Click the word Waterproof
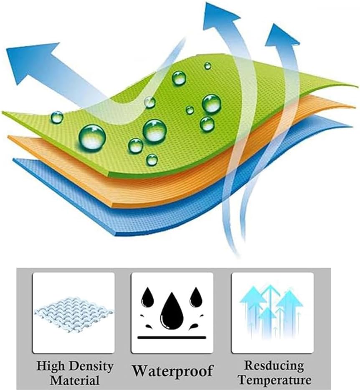tap(172, 370)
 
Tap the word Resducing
tap(274, 365)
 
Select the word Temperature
tap(275, 380)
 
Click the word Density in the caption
tap(91, 367)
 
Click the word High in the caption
tap(51, 367)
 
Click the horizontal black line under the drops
tap(172, 337)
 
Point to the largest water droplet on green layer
tap(92, 137)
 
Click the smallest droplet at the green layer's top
tap(208, 66)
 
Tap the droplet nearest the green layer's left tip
tap(57, 117)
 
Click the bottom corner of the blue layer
tap(116, 235)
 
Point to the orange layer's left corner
tap(9, 137)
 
